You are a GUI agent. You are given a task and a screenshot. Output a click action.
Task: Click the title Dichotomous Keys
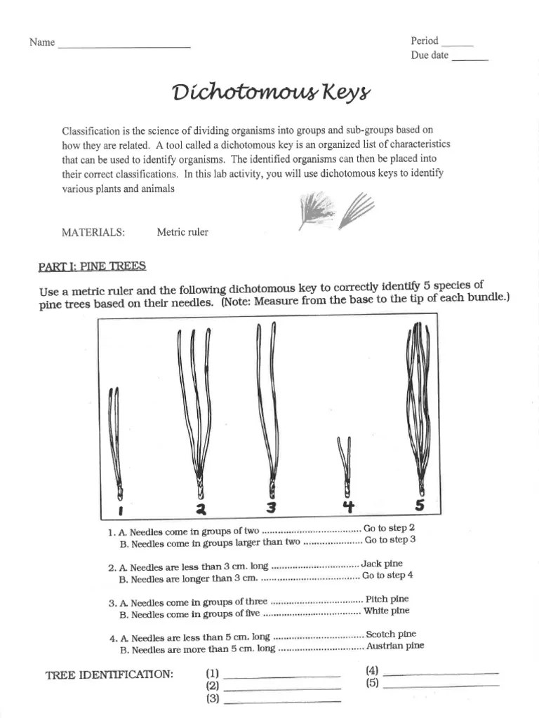point(269,93)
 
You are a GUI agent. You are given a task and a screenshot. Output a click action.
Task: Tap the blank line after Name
point(124,46)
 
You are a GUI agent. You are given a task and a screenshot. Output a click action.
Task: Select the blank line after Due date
point(470,60)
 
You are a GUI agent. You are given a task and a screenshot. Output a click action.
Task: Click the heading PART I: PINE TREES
point(91,266)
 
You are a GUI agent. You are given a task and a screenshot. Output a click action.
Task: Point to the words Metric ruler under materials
point(182,232)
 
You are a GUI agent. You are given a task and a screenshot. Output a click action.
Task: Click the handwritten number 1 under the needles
point(121,508)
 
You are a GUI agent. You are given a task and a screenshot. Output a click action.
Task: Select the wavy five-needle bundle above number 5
point(419,407)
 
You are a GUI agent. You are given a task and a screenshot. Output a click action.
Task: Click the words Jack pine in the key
point(382,564)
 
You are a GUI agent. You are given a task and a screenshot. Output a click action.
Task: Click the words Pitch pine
point(387,600)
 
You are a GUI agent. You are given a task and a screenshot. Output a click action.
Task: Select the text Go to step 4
point(387,576)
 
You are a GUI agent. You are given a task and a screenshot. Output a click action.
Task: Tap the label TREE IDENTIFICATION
point(109,675)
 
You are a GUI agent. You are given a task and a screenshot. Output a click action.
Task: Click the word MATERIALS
point(93,232)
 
